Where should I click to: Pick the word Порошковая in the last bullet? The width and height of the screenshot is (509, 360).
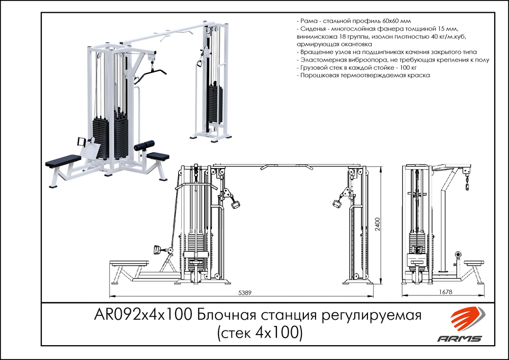click(x=319, y=75)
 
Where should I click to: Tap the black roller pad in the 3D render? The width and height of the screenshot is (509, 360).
click(x=144, y=146)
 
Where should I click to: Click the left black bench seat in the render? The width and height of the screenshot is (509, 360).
click(x=63, y=162)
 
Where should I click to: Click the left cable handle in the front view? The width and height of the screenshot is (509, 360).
click(x=236, y=204)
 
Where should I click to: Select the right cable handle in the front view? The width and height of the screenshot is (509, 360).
click(x=336, y=203)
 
